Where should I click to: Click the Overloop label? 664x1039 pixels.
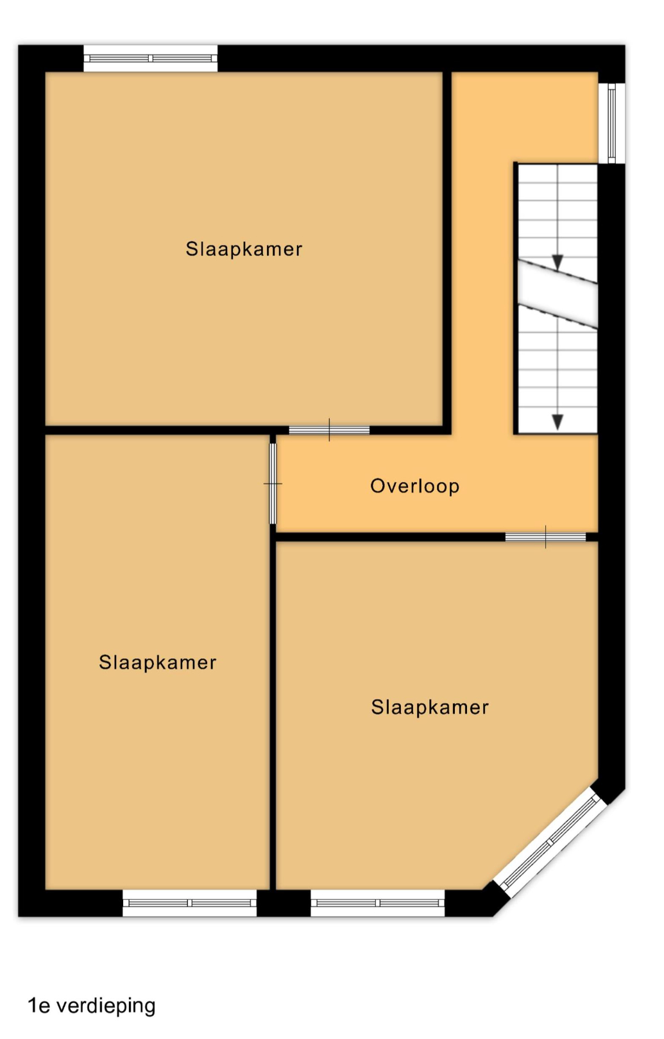pyautogui.click(x=414, y=486)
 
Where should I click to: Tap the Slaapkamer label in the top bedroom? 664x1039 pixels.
pyautogui.click(x=244, y=249)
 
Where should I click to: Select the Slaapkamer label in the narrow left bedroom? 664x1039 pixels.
pyautogui.click(x=158, y=663)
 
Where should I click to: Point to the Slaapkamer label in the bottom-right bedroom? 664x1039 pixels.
pyautogui.click(x=430, y=707)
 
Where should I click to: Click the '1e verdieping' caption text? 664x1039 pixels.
pyautogui.click(x=91, y=1006)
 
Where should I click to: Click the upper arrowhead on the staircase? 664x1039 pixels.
pyautogui.click(x=558, y=262)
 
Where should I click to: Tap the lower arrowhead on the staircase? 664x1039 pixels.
pyautogui.click(x=558, y=421)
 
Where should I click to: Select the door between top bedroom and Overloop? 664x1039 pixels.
pyautogui.click(x=329, y=430)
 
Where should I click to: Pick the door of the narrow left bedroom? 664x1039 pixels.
pyautogui.click(x=273, y=484)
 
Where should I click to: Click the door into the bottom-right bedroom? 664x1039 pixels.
pyautogui.click(x=545, y=537)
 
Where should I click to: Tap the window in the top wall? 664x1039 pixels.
pyautogui.click(x=150, y=58)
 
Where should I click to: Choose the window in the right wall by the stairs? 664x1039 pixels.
pyautogui.click(x=611, y=123)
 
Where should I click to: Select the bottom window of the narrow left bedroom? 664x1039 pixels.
pyautogui.click(x=189, y=902)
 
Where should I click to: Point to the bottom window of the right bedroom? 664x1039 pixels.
pyautogui.click(x=377, y=902)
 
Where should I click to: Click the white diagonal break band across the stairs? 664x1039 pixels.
pyautogui.click(x=558, y=294)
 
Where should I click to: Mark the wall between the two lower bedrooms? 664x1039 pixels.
pyautogui.click(x=273, y=714)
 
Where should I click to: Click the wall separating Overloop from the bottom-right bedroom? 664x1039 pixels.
pyautogui.click(x=390, y=537)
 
